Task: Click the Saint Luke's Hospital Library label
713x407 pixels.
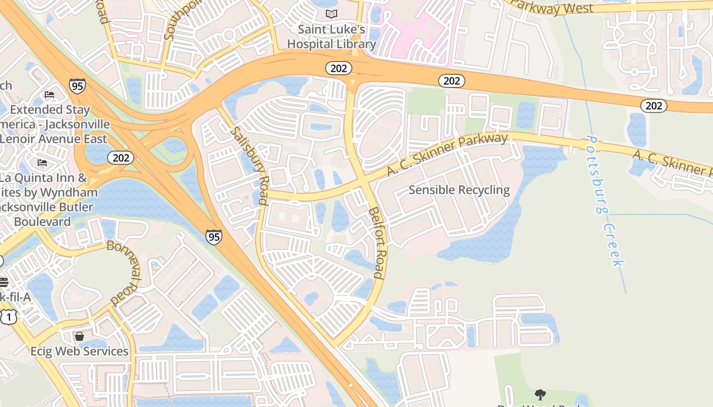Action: tap(332, 37)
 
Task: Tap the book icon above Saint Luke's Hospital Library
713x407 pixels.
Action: tap(332, 14)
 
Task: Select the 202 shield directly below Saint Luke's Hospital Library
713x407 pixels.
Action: tap(339, 68)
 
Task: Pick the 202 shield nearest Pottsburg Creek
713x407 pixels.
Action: tap(653, 105)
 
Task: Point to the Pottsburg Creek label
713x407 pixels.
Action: tap(605, 200)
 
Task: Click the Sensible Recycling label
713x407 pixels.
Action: tap(459, 190)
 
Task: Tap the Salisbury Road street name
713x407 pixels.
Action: tap(250, 165)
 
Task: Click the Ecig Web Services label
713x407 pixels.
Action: tap(79, 352)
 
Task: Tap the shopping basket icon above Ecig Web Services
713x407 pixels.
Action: tap(79, 336)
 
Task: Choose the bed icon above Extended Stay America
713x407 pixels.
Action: tap(49, 95)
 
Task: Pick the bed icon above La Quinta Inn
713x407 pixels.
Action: tap(42, 163)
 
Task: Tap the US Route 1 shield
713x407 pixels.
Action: tap(8, 317)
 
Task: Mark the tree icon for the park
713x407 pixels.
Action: tap(540, 394)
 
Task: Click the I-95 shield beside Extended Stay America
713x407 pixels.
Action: tap(77, 86)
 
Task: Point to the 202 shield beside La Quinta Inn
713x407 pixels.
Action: tap(121, 158)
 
